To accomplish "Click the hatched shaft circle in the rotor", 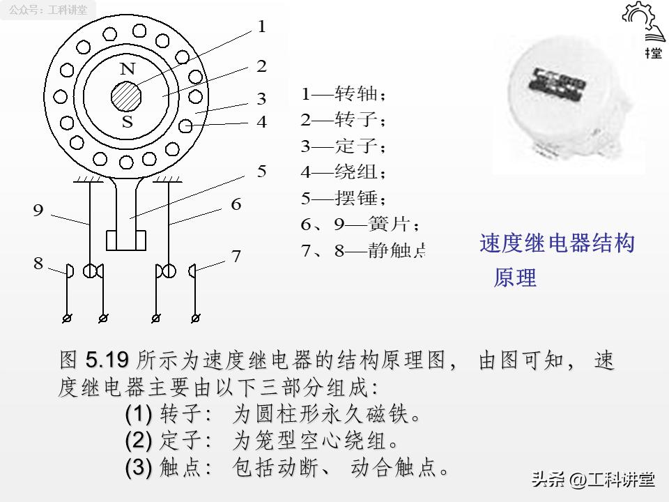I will coord(127,96).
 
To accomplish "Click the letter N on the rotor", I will coord(127,69).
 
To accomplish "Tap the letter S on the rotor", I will coord(127,123).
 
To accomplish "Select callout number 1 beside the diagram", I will coord(261,27).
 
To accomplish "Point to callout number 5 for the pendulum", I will coord(261,172).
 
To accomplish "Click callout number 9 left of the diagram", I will coord(38,211).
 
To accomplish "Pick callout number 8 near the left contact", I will coord(38,263).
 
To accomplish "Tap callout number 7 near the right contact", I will coord(236,257).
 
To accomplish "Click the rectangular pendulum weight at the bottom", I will coord(126,240).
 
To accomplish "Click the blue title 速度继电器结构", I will coord(557,243).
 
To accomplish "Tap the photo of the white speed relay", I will coord(568,105).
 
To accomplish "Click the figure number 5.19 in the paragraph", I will coord(107,360).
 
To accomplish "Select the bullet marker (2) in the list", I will coord(138,441).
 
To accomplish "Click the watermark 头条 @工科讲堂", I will coord(592,480).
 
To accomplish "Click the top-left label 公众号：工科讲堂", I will coord(49,10).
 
